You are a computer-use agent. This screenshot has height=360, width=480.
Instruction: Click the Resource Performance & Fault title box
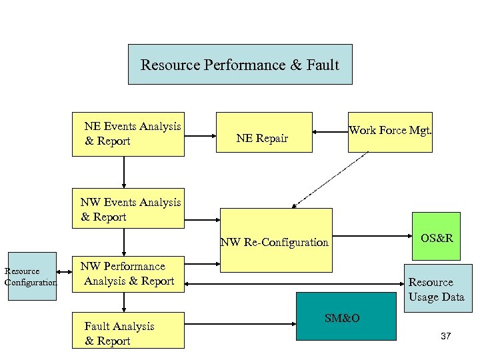click(x=240, y=65)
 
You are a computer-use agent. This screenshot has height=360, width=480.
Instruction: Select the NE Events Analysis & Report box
click(x=128, y=134)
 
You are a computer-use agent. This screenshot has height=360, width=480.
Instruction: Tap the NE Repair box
click(x=263, y=133)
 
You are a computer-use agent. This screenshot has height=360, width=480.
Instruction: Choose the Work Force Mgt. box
click(x=390, y=132)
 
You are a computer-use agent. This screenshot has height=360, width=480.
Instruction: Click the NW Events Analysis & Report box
click(x=128, y=209)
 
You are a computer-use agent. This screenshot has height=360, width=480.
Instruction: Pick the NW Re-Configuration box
click(x=276, y=241)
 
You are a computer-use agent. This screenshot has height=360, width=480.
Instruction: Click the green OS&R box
click(x=436, y=236)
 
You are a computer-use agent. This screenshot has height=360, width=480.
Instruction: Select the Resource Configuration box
click(x=32, y=276)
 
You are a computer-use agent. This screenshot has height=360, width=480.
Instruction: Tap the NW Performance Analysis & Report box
click(x=128, y=274)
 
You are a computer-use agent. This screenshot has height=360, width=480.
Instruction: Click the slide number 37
click(x=446, y=336)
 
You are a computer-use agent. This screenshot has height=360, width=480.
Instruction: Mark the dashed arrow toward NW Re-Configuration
click(x=329, y=179)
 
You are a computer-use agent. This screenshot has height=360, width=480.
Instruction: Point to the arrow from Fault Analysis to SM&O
click(x=240, y=326)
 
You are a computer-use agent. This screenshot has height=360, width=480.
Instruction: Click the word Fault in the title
click(x=323, y=65)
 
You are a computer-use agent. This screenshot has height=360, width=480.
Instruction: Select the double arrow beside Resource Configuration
click(x=64, y=272)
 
